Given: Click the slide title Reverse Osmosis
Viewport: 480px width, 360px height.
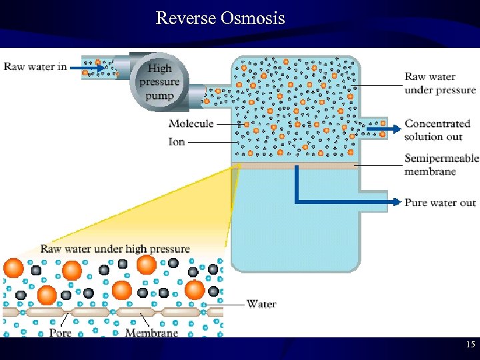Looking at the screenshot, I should pos(220,18).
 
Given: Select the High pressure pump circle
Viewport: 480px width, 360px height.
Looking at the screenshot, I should pos(159,81).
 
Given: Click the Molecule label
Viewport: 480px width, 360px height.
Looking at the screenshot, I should pos(191,123).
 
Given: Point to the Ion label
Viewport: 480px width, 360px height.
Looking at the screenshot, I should pos(177,141).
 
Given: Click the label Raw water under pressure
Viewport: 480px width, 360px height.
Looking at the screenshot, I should pos(440,83).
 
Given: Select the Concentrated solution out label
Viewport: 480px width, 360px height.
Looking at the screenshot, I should pos(437,130).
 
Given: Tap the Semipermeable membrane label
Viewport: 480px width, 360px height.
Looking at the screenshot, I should pos(441,165).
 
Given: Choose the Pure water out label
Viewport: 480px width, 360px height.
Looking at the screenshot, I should pos(440,203).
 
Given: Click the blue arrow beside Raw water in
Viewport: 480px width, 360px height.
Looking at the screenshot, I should pos(88,67).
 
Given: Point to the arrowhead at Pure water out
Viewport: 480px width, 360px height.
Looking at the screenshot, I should pos(398,201).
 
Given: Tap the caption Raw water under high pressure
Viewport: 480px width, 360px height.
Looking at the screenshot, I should pos(115,249).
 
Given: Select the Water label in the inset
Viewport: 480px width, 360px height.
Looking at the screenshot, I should pos(261,304).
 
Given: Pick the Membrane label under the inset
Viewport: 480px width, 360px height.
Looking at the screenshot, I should pos(151,332).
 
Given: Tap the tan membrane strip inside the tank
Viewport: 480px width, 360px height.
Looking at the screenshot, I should pos(293,165).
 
